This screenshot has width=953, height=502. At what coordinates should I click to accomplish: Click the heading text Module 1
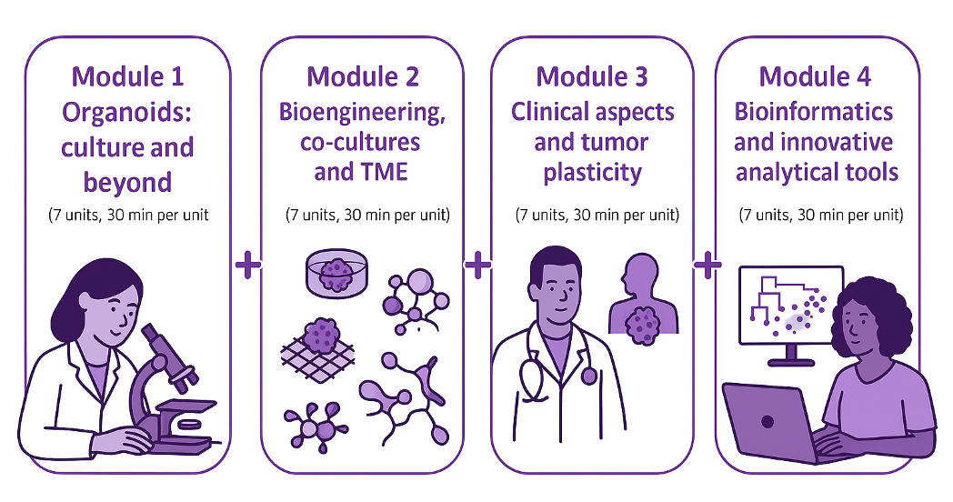(x=127, y=76)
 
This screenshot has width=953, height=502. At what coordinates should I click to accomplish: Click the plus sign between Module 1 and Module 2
(x=247, y=265)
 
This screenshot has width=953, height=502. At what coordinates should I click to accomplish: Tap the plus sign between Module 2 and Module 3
(x=477, y=265)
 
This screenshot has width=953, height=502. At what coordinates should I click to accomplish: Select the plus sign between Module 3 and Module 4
(x=707, y=265)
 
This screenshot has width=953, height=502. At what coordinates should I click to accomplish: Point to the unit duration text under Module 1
(x=127, y=216)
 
